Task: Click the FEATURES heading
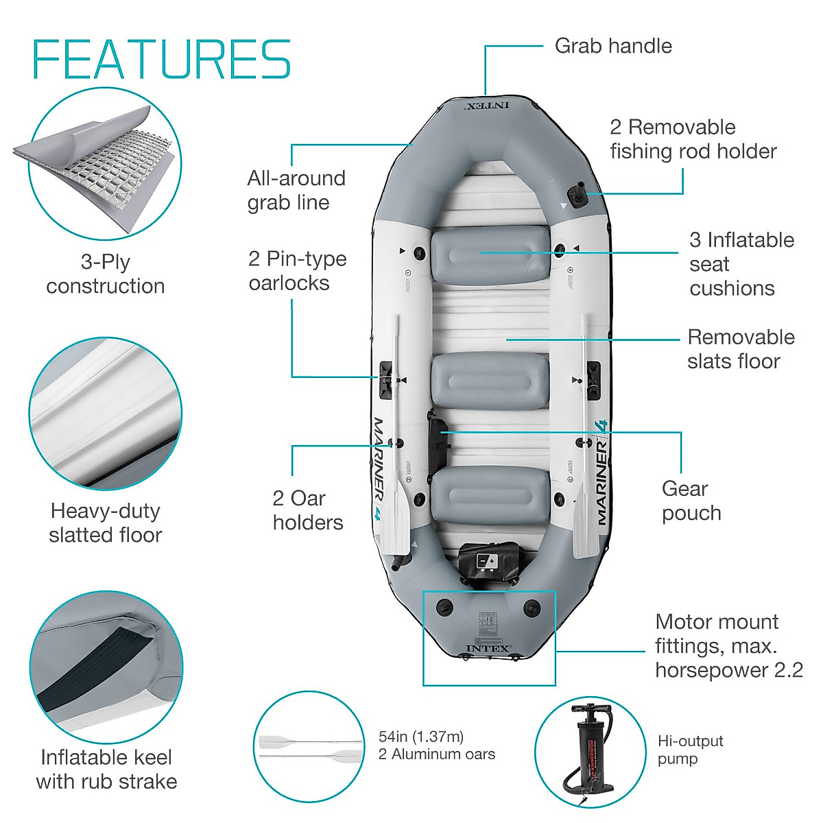coord(162,60)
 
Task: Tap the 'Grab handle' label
coord(612,46)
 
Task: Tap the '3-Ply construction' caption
coord(105,274)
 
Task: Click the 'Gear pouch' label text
coord(691,501)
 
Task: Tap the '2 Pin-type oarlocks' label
coord(297,271)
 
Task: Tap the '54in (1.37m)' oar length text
coord(421,737)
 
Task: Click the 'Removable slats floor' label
coord(740,349)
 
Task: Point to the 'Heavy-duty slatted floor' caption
coord(105,523)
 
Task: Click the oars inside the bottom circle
coord(311,748)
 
